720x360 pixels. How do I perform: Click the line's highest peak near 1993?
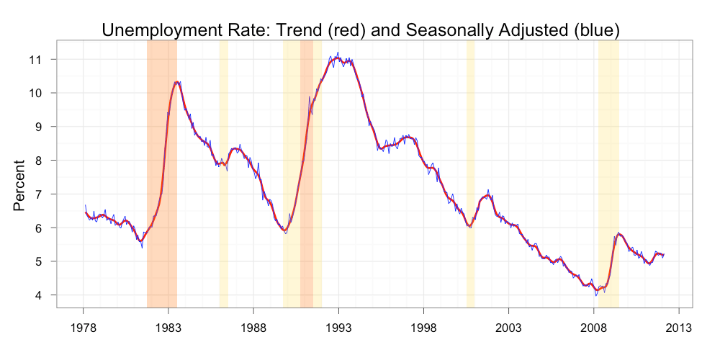(338, 53)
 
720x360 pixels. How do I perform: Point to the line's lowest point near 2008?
(595, 295)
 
